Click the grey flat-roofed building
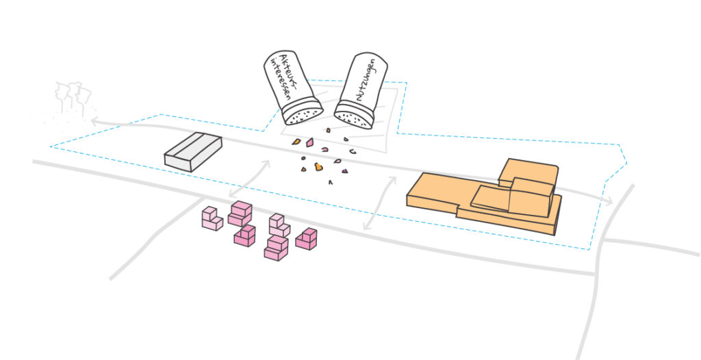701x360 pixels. pos(193,152)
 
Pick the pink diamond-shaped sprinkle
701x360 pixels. pos(309,142)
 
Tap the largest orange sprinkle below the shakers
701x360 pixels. pos(318,167)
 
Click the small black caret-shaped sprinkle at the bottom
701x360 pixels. pos(331,181)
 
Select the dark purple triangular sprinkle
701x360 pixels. pos(345,171)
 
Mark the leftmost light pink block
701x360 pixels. pos(212,218)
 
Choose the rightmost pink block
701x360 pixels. pos(306,239)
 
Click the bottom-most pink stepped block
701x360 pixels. pos(276,248)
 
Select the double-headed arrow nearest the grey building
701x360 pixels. pos(249,179)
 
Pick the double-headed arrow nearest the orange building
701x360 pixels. pos(380,203)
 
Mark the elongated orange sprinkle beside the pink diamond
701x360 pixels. pos(296,142)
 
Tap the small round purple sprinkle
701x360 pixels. pos(303,158)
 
